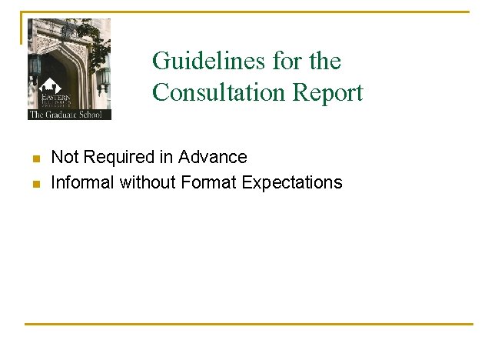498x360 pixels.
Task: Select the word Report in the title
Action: point(328,92)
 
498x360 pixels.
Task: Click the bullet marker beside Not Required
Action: point(35,158)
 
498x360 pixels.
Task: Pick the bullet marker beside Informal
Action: point(35,184)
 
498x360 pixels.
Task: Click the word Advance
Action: point(213,157)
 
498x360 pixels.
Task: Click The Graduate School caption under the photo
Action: point(69,115)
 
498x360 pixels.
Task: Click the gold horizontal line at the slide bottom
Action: point(249,324)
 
